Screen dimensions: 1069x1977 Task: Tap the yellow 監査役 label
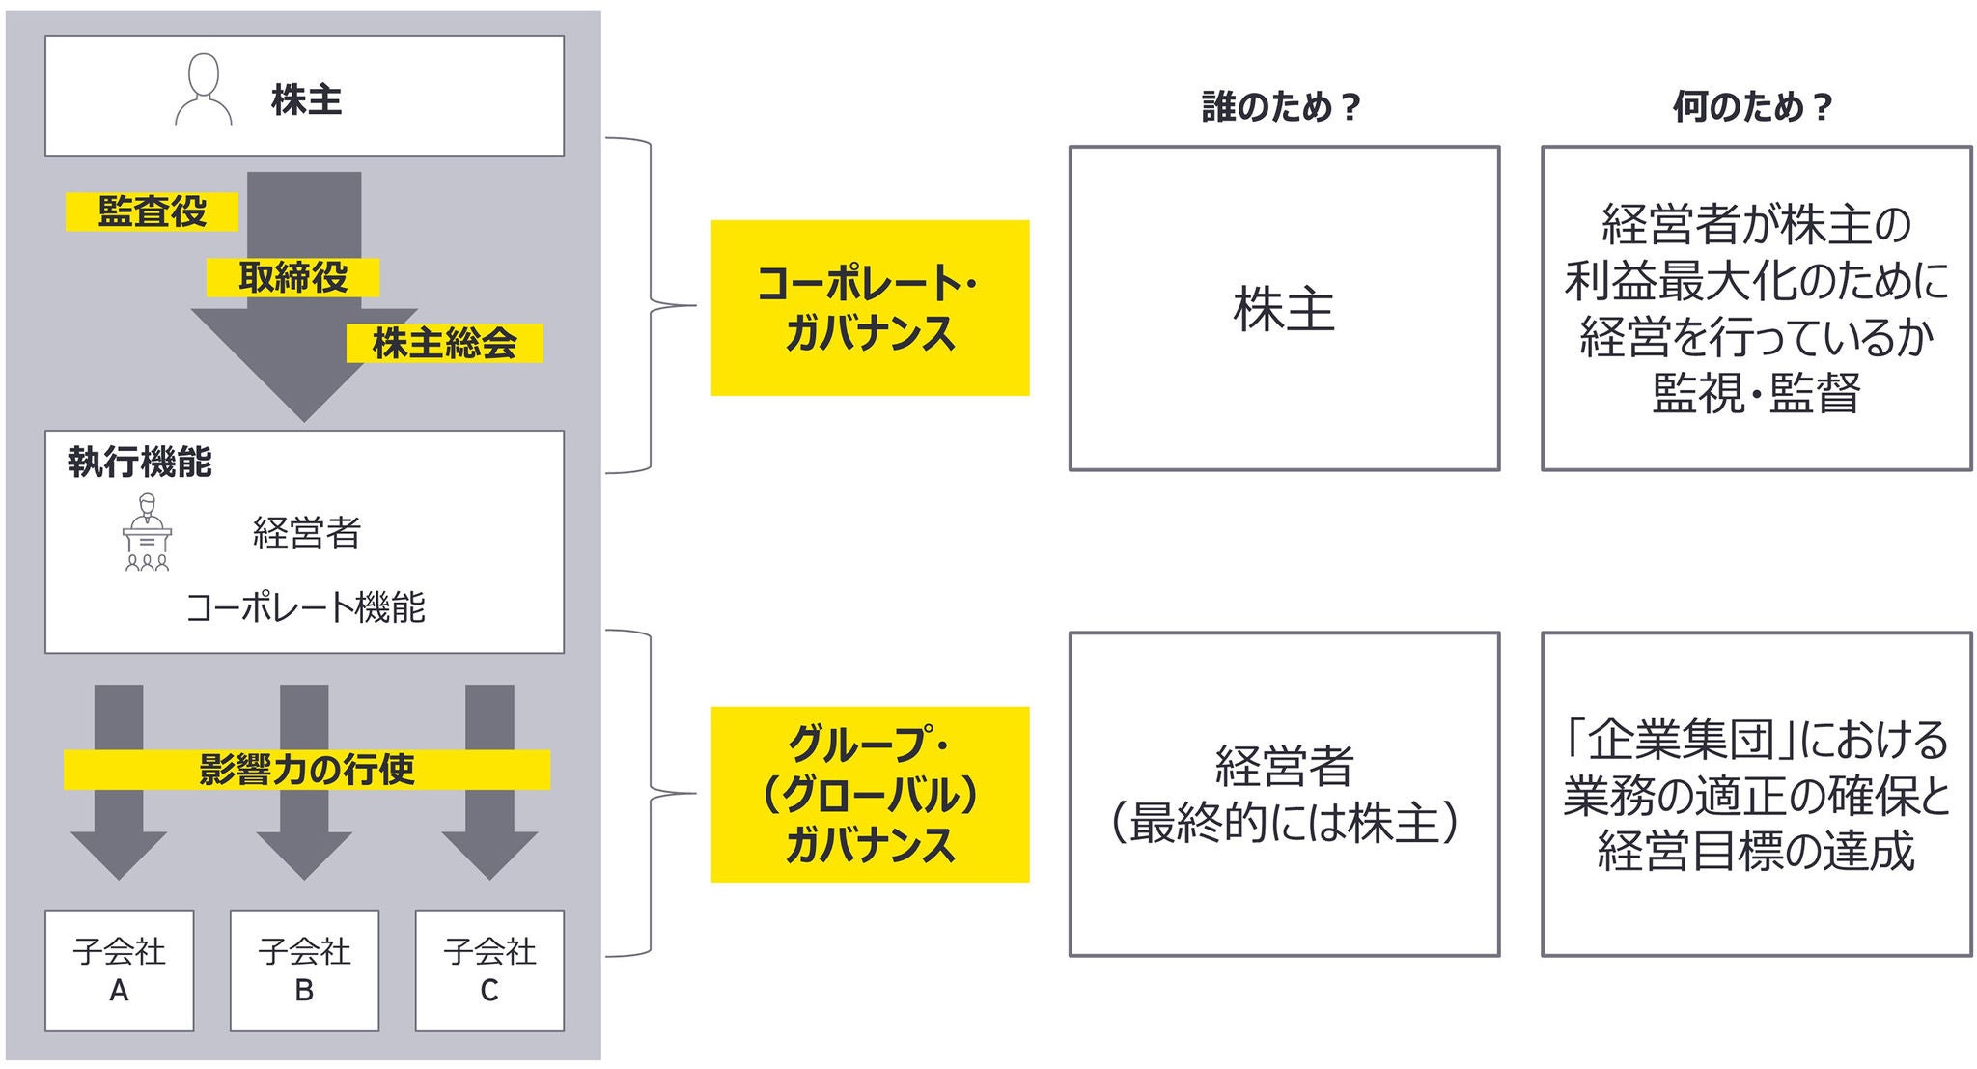pos(152,211)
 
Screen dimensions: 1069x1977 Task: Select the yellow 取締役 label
pos(292,278)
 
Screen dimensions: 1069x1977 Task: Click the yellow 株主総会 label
pos(444,344)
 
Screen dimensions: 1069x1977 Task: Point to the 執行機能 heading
pos(139,463)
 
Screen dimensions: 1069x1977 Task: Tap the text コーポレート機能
pos(305,607)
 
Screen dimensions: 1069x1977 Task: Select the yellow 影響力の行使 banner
pos(307,770)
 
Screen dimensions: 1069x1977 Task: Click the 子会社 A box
pos(119,970)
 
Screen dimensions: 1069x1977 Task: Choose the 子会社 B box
pos(304,970)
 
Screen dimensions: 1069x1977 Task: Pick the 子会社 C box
pos(489,970)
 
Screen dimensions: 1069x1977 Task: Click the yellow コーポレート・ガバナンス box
pos(870,308)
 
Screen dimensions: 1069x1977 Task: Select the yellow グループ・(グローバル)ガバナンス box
pos(870,794)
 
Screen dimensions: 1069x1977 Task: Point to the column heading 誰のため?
pos(1281,107)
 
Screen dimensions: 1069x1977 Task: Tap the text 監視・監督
pos(1756,393)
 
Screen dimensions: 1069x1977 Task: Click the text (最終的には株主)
pos(1284,824)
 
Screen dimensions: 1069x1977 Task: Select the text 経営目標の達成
pos(1756,852)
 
